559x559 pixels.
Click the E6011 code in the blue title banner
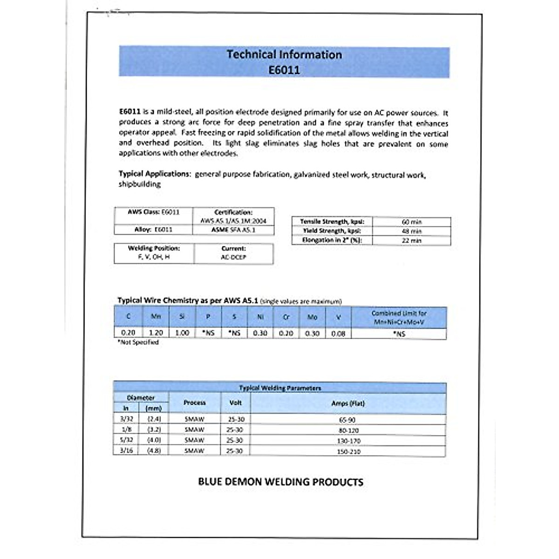284,70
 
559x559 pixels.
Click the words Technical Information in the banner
284,55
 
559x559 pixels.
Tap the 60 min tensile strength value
411,222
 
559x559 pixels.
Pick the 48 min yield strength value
411,231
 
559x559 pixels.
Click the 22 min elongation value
411,240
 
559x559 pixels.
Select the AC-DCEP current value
233,257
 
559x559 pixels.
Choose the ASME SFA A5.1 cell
233,230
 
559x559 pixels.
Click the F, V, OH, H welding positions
154,257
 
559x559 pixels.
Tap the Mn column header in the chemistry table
156,317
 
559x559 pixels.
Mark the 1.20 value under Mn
156,333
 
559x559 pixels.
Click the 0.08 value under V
338,334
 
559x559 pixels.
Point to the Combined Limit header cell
399,317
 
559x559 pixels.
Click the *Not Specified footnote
138,342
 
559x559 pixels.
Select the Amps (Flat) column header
348,403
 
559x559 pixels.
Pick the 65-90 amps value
348,420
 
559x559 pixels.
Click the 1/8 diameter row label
126,429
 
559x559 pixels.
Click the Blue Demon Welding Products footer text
280,482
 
